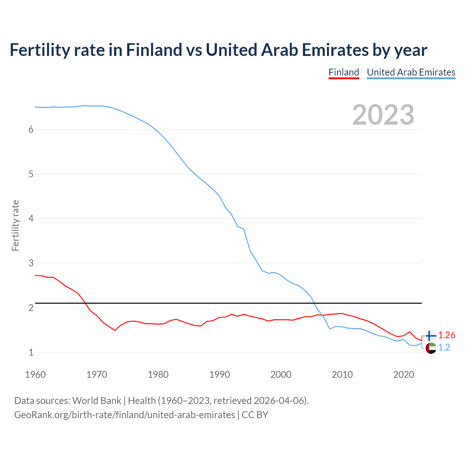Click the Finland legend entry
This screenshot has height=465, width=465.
coord(344,72)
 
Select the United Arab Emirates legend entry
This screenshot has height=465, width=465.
coord(411,72)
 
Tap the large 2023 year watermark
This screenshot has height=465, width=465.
coord(383,115)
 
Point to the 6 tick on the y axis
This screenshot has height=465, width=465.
coord(31,130)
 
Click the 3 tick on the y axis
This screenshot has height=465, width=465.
coord(31,263)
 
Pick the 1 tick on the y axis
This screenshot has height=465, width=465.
coord(31,352)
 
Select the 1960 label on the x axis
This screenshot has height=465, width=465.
coord(35,375)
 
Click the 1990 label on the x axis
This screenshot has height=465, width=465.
coord(219,375)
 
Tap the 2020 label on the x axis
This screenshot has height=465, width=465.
coord(404,375)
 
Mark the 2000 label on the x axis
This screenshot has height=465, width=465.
coord(281,375)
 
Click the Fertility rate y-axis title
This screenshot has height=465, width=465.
coord(15,225)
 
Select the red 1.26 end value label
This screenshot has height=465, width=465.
coord(446,335)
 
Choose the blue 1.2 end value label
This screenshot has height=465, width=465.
coord(444,348)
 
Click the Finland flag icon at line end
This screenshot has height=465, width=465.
coord(431,336)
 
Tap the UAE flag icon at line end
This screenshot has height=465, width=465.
coord(431,348)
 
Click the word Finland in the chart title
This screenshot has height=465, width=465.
coord(154,50)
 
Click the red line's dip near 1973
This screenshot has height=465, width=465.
coord(114,330)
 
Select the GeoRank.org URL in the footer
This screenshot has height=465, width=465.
coord(125,415)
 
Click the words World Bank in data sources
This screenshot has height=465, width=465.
coord(97,401)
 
